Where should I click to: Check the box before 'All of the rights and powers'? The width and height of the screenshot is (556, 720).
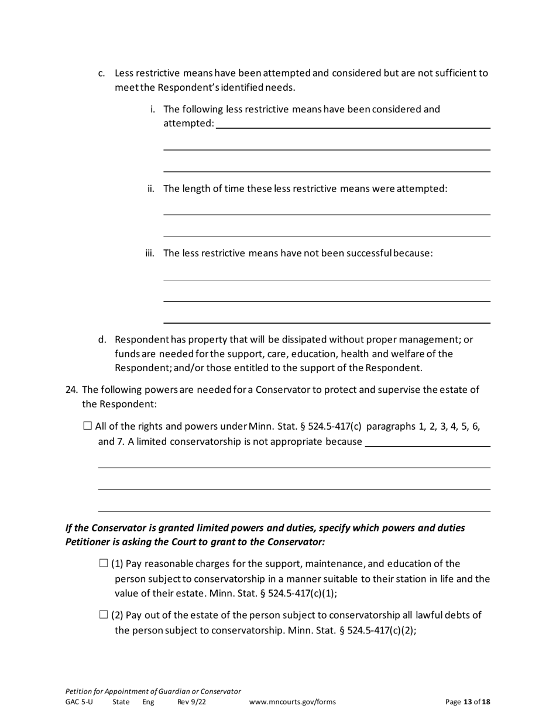click(88, 426)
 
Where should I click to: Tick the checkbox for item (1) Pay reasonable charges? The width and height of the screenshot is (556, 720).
click(104, 564)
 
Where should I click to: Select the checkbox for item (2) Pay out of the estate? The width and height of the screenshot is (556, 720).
click(104, 615)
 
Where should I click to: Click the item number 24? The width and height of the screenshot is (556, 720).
click(71, 390)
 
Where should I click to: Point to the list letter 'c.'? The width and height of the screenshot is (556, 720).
click(102, 74)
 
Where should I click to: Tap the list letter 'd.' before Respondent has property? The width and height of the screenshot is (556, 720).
click(102, 340)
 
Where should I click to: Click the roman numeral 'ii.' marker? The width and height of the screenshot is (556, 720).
click(151, 188)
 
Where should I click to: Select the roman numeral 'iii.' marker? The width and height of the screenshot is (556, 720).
click(150, 253)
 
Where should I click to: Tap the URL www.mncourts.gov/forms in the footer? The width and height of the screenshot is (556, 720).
click(293, 702)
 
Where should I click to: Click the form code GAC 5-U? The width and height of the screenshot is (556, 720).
click(79, 702)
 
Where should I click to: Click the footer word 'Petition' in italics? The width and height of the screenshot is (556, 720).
click(79, 691)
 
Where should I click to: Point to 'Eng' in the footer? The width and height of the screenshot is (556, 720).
click(148, 702)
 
